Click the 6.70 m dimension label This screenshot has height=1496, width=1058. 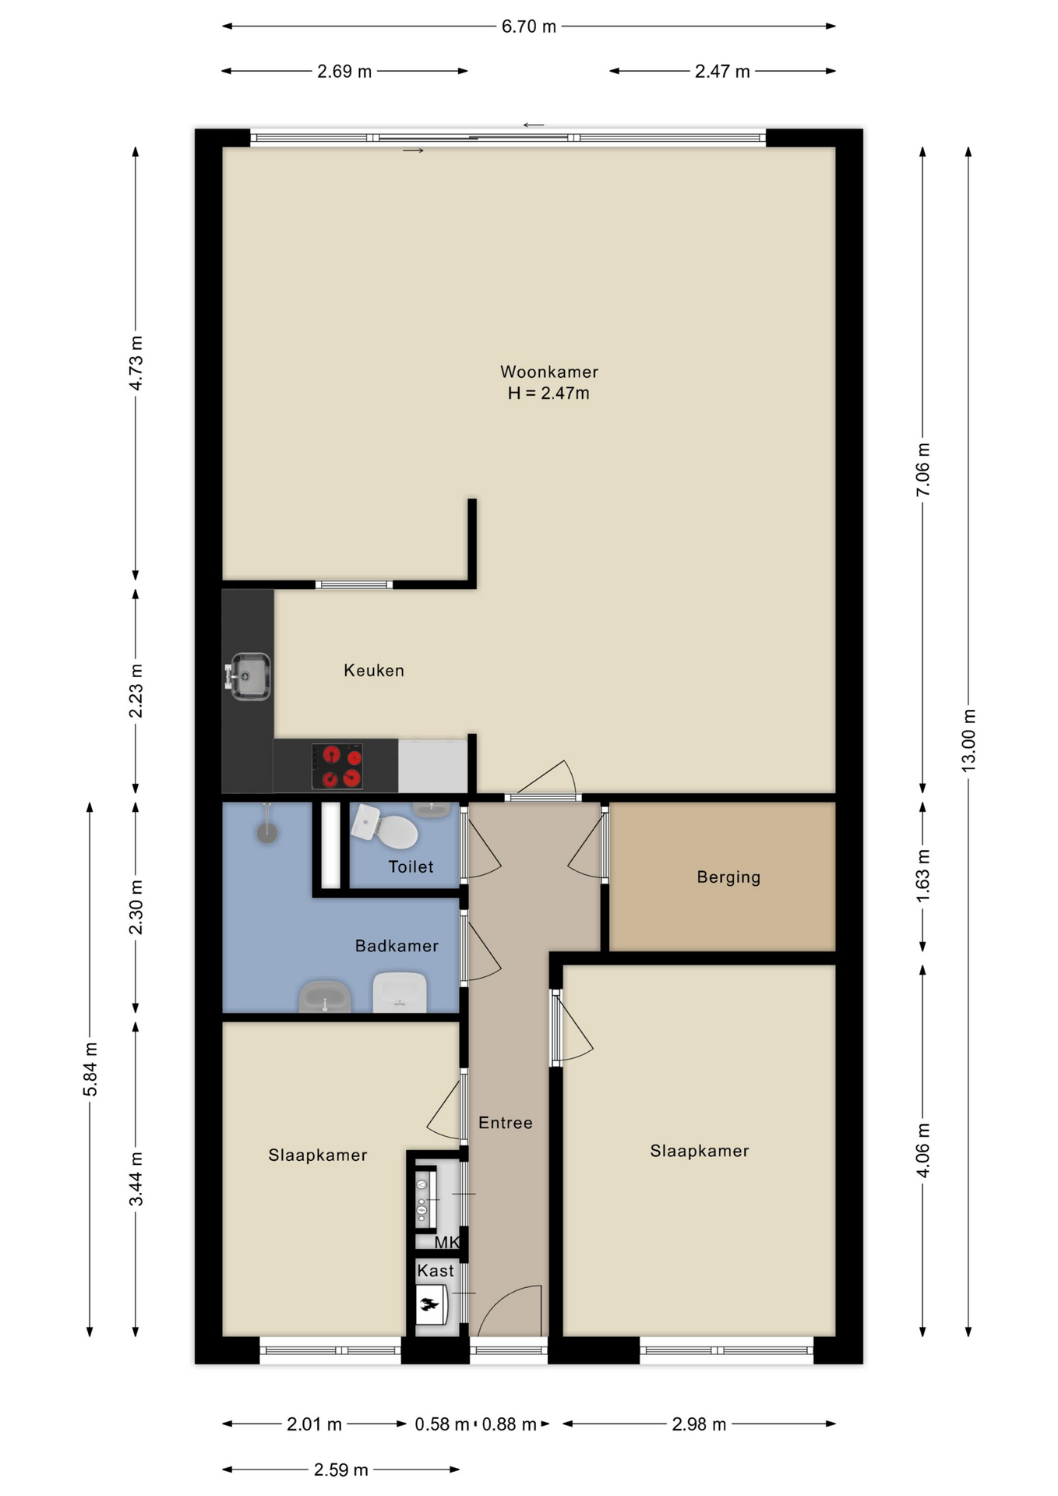(528, 26)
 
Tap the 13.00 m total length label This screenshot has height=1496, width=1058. (968, 740)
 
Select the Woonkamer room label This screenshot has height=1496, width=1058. (549, 372)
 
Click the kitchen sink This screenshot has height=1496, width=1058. (249, 676)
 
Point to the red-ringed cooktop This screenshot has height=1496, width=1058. (337, 766)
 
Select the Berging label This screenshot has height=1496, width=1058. (728, 877)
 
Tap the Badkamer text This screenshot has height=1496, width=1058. (397, 946)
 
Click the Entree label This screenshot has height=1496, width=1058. (506, 1123)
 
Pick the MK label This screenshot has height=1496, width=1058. (447, 1242)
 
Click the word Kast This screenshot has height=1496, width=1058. (435, 1271)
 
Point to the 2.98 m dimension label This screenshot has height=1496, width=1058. (699, 1424)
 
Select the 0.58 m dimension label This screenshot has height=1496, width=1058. (442, 1424)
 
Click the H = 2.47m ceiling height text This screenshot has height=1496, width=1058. (548, 393)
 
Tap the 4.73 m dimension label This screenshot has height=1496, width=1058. (136, 363)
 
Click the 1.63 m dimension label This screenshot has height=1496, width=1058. (922, 876)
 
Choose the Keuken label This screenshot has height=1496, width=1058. (374, 670)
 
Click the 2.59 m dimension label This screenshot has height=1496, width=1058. (340, 1470)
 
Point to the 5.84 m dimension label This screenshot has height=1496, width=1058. (90, 1069)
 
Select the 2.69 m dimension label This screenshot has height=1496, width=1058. (344, 72)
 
